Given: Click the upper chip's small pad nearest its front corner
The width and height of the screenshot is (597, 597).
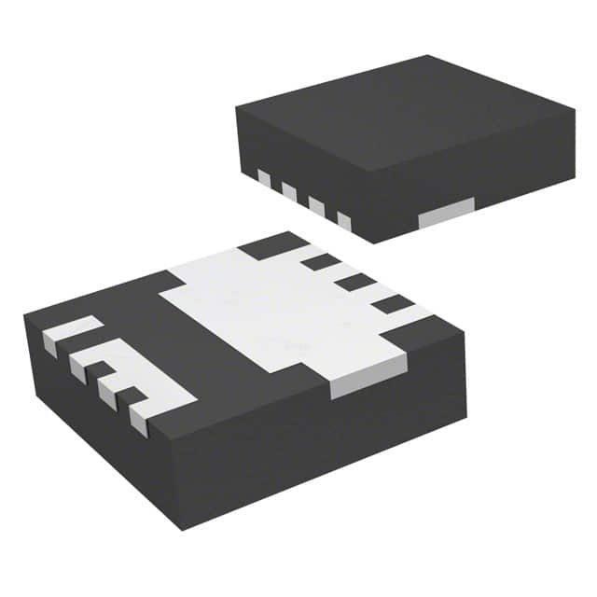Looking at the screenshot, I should pos(343,221).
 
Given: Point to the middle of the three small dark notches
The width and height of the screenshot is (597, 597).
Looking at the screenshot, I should pos(354,282).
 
